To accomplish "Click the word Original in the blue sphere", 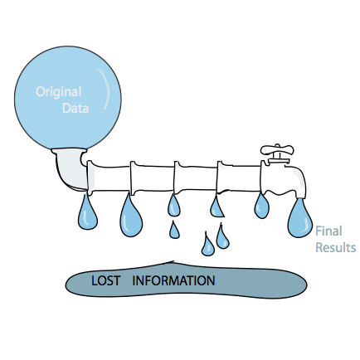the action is [58, 92].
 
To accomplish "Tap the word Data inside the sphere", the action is [75, 108].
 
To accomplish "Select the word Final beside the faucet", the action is [328, 231].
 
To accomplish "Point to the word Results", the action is [335, 247].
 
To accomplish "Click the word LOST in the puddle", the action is [105, 281].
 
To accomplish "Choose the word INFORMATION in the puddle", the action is [173, 280].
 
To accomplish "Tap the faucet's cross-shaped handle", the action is [277, 150].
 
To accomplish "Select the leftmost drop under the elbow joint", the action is [88, 213].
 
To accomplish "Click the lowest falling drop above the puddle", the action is [207, 245].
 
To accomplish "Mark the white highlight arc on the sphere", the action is [105, 89].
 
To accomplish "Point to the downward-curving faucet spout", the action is [296, 181].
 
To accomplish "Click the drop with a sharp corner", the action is [216, 207].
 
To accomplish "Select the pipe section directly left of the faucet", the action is [239, 177].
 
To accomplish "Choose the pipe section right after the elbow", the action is [109, 176].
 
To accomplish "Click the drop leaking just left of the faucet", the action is [261, 206].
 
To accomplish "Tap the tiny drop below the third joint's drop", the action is [174, 230].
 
